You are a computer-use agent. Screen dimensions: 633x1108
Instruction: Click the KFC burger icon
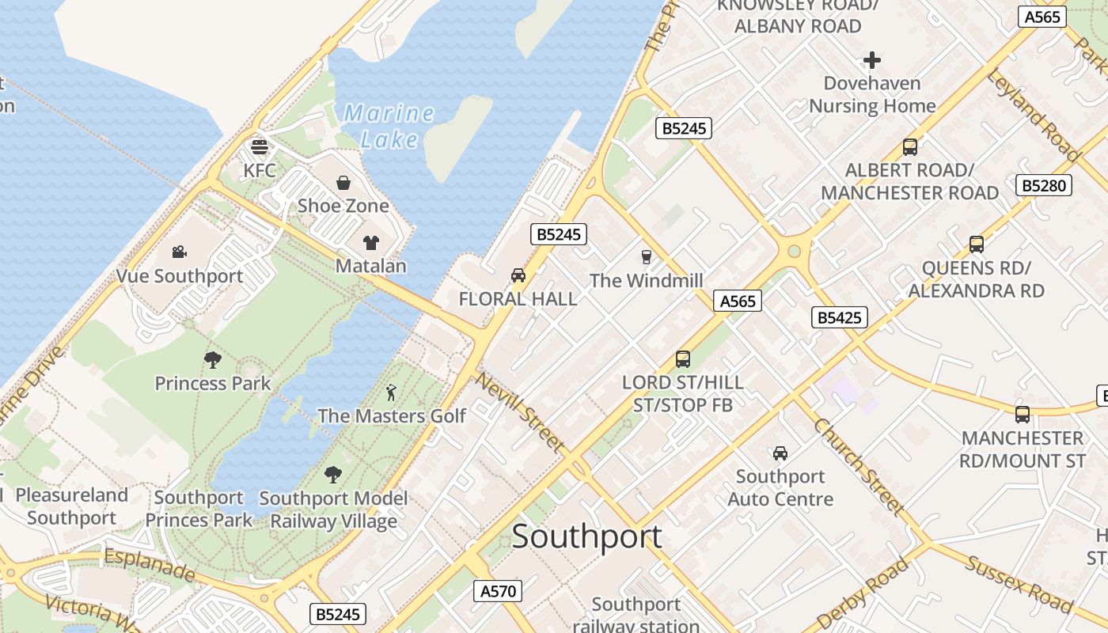click(x=260, y=147)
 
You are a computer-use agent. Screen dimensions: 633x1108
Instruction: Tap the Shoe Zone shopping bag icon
click(x=343, y=183)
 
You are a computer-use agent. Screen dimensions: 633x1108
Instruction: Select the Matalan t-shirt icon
click(x=371, y=243)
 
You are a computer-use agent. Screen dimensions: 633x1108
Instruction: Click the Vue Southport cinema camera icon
click(x=180, y=252)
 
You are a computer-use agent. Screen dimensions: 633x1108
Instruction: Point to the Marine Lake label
click(x=389, y=127)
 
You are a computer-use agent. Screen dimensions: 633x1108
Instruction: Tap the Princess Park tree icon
click(x=212, y=360)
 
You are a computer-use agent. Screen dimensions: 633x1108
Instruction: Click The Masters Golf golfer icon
click(x=391, y=392)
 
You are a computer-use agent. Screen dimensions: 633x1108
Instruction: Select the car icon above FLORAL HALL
click(x=518, y=275)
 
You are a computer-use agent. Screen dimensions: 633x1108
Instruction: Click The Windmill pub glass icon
click(x=647, y=257)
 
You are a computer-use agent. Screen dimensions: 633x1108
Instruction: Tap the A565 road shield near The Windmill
click(x=737, y=301)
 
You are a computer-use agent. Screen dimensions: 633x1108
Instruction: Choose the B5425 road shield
click(x=840, y=318)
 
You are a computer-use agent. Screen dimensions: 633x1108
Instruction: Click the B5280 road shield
click(x=1044, y=186)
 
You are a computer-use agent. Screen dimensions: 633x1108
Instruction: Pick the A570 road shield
click(x=498, y=590)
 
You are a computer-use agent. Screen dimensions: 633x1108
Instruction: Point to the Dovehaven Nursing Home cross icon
click(x=872, y=60)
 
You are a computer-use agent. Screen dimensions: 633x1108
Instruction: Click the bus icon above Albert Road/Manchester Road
click(x=910, y=147)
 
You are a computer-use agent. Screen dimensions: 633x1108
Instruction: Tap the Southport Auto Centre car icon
click(x=780, y=453)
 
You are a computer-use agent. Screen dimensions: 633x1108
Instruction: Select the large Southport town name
click(x=586, y=536)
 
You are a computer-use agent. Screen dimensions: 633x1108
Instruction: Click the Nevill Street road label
click(x=520, y=411)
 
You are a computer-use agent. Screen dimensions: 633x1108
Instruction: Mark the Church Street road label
click(x=859, y=467)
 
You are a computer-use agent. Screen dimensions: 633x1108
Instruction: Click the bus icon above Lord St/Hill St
click(x=683, y=359)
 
